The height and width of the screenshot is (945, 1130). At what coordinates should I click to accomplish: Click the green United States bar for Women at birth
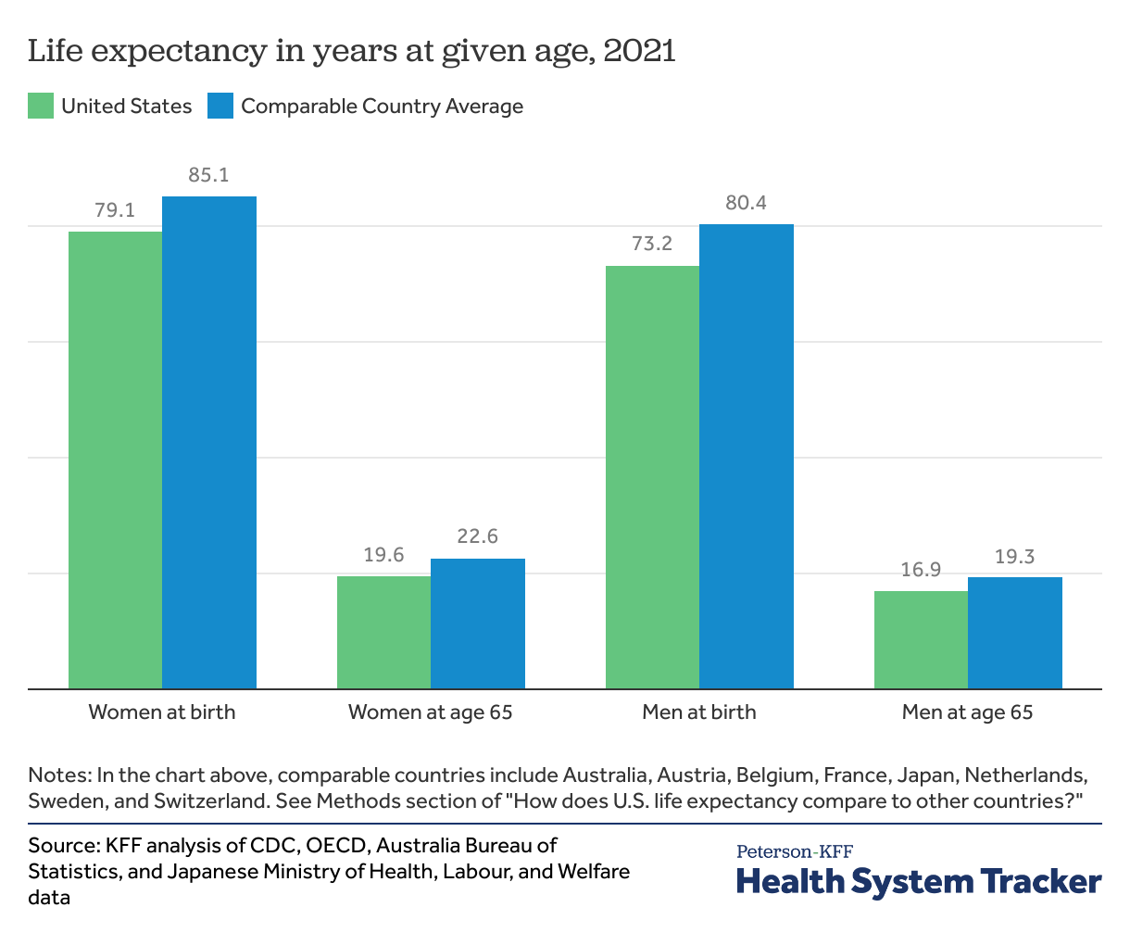pyautogui.click(x=116, y=460)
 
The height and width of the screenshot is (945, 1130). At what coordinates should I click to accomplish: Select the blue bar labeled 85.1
pyautogui.click(x=209, y=442)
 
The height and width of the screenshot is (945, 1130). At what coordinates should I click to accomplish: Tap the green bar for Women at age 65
pyautogui.click(x=383, y=632)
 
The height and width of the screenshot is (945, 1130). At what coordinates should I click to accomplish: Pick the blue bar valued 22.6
pyautogui.click(x=478, y=624)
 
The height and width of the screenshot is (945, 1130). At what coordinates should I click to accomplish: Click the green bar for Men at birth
pyautogui.click(x=652, y=477)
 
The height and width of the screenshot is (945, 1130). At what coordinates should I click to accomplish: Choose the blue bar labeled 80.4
pyautogui.click(x=747, y=456)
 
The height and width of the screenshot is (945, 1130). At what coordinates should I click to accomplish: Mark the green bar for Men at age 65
pyautogui.click(x=921, y=639)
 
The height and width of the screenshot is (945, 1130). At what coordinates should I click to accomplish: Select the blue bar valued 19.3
pyautogui.click(x=1015, y=633)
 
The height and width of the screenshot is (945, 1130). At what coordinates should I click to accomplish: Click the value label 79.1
pyautogui.click(x=115, y=210)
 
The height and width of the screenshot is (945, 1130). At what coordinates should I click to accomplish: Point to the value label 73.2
pyautogui.click(x=652, y=245)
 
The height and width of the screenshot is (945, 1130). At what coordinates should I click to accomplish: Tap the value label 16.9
pyautogui.click(x=921, y=570)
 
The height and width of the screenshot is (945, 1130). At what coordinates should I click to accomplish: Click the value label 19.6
pyautogui.click(x=383, y=555)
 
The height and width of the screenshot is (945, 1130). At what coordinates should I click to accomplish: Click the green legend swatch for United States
pyautogui.click(x=41, y=107)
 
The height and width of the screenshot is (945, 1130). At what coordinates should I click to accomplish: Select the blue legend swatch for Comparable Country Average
pyautogui.click(x=220, y=107)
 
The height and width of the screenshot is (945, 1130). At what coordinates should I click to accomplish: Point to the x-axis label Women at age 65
pyautogui.click(x=430, y=712)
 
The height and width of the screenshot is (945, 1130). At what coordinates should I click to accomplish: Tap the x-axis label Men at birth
pyautogui.click(x=699, y=712)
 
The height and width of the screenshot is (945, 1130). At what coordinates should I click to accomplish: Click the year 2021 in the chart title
pyautogui.click(x=639, y=51)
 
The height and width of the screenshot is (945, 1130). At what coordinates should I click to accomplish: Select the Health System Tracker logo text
pyautogui.click(x=919, y=881)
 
